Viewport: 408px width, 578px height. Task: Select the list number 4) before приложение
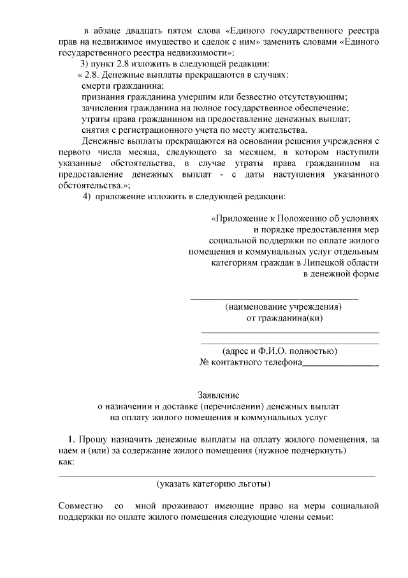[87, 195]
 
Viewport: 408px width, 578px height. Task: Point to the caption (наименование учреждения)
[283, 307]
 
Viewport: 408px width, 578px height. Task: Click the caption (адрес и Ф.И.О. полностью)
[279, 351]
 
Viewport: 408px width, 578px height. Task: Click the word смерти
[96, 86]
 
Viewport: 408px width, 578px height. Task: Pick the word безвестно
[260, 96]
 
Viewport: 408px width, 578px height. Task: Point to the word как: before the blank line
[66, 461]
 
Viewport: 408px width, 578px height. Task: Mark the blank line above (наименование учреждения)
[274, 297]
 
